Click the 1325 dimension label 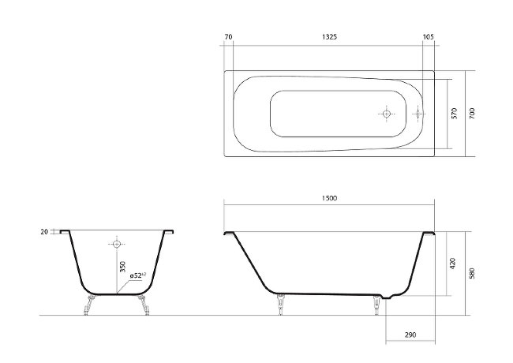click(329, 37)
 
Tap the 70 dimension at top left click(228, 37)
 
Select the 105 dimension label click(429, 37)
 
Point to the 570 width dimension click(454, 114)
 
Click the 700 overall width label click(472, 113)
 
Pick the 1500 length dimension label click(329, 198)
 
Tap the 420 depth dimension click(453, 264)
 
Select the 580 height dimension click(472, 273)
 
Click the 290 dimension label click(410, 335)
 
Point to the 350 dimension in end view click(122, 267)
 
